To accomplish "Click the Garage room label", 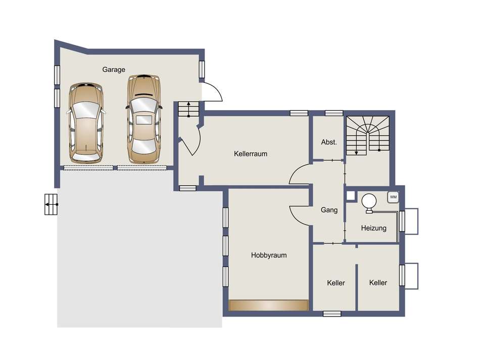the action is (114, 70).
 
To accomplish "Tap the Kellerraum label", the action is (251, 154).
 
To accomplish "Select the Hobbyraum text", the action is (269, 255).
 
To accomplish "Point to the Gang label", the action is (329, 210).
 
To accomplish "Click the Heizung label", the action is (373, 228).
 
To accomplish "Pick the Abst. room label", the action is (329, 142).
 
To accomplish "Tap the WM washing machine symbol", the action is (393, 197).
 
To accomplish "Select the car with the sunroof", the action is (144, 119).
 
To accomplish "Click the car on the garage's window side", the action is (86, 122).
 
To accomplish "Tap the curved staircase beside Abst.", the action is (367, 135).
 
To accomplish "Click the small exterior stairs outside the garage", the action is (51, 204).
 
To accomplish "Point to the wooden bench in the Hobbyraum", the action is (268, 305).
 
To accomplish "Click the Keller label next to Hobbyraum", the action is (336, 283).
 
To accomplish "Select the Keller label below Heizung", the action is (378, 283).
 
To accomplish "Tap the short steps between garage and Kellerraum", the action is (188, 109).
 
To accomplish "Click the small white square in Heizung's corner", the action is (351, 196).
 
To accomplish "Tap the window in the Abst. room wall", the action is (333, 113).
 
